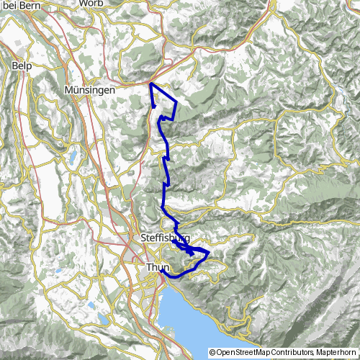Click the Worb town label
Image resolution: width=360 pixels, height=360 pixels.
coord(107,4)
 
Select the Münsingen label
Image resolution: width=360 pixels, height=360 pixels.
coord(89,91)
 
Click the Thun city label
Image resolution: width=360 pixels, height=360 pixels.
coord(157,267)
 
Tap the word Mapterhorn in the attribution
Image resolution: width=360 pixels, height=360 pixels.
coord(336,352)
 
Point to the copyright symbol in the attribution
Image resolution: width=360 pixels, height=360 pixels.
coord(212,352)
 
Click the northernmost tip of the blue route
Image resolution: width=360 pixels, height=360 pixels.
coord(150,84)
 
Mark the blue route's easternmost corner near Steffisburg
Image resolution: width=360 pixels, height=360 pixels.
coord(209,253)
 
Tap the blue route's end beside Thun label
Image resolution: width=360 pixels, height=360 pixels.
coord(163,271)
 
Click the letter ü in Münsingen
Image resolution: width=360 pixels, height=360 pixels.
coord(76,91)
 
